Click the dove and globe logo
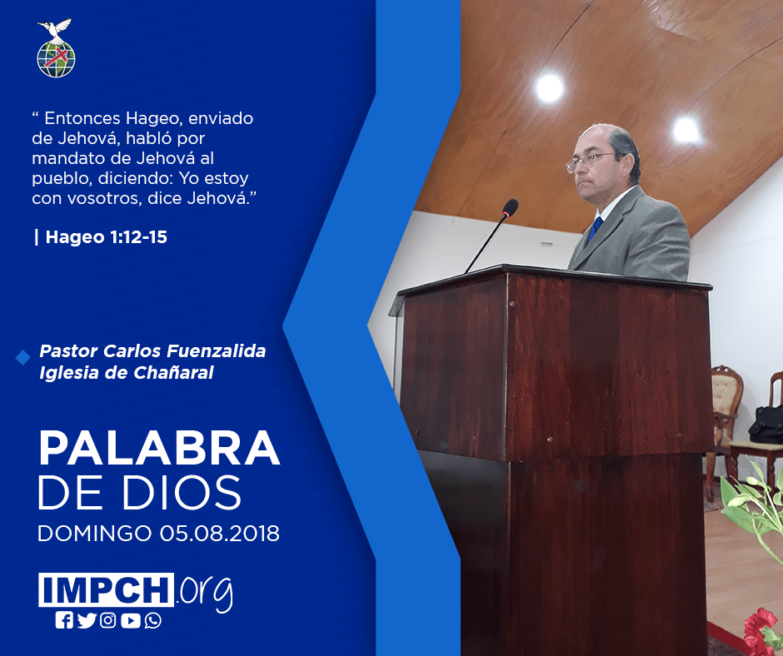coord(56,48)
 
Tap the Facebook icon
coord(64,620)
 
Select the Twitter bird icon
coord(87,620)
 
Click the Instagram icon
coord(107,620)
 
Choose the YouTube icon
coord(130,620)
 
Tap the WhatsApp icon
coord(152,620)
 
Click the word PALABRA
coord(159,448)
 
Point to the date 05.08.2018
coord(220,533)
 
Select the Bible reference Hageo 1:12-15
coord(107,237)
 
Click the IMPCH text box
coord(106,589)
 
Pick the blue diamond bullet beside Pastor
coord(23,357)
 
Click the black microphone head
coord(511,207)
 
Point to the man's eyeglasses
coord(591,161)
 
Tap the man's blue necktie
coord(596,228)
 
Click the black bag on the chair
coord(766,424)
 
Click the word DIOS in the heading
coord(182,493)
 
